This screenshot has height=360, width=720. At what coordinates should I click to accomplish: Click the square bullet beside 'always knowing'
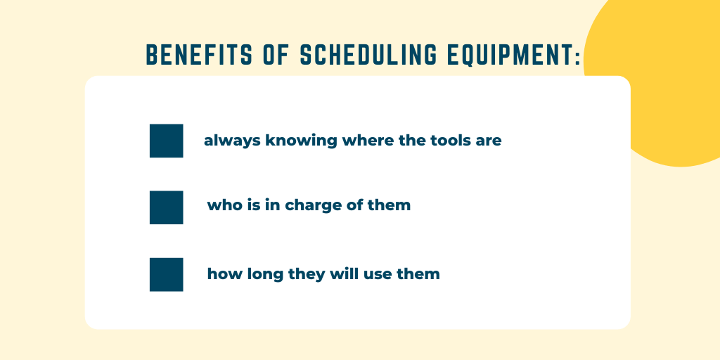pos(166,141)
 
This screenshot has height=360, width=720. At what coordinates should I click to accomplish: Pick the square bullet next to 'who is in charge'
pos(166,207)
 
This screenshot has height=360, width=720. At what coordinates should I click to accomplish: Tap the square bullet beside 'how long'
pos(166,275)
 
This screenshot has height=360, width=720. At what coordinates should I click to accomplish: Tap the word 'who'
pos(221,205)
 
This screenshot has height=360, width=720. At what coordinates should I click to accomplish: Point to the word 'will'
pos(343,274)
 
